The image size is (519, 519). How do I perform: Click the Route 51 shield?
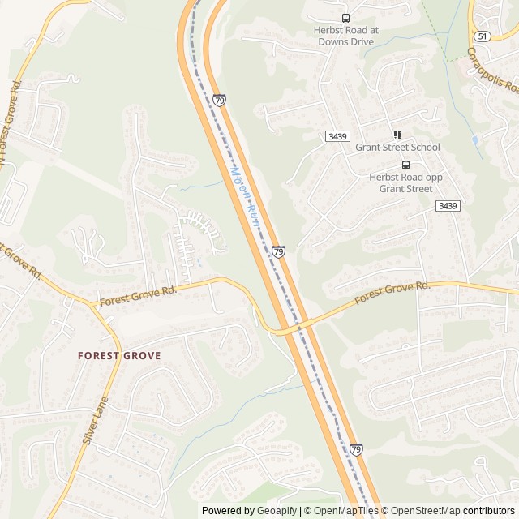click(x=483, y=36)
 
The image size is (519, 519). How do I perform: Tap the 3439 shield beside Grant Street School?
click(x=337, y=136)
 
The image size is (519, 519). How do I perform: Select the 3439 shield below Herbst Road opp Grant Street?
click(x=447, y=206)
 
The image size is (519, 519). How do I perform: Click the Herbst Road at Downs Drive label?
click(x=346, y=35)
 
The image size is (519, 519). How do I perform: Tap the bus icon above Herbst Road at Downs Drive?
click(x=346, y=18)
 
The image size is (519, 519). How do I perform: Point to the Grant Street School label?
click(x=397, y=148)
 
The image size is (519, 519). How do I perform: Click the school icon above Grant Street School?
click(x=397, y=135)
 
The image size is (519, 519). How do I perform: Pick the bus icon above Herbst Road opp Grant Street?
click(x=406, y=165)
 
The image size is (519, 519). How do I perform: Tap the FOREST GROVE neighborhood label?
click(x=119, y=355)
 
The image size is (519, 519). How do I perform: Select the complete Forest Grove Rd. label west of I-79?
click(x=138, y=296)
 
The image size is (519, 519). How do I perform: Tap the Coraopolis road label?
click(x=492, y=71)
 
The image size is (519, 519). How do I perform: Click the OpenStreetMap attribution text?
click(x=422, y=511)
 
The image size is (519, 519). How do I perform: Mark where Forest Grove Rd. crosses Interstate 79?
click(x=291, y=327)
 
